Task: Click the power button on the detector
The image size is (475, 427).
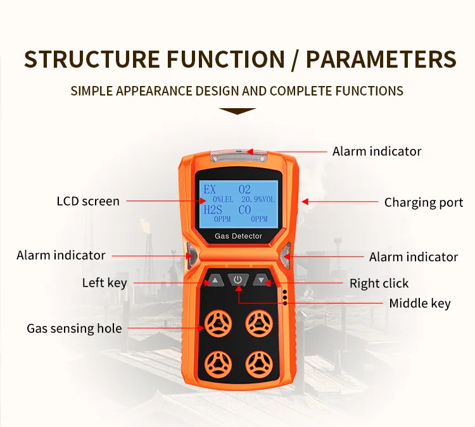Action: pyautogui.click(x=237, y=280)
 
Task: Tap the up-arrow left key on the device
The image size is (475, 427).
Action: pyautogui.click(x=215, y=280)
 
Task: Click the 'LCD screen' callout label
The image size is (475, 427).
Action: pyautogui.click(x=88, y=201)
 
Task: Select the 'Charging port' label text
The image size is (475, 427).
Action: pyautogui.click(x=424, y=202)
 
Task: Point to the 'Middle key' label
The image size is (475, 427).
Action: pyautogui.click(x=420, y=303)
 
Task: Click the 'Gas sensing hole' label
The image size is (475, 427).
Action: pyautogui.click(x=74, y=328)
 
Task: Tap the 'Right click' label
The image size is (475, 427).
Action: pyautogui.click(x=379, y=283)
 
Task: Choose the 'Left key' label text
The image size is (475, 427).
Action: pyautogui.click(x=104, y=283)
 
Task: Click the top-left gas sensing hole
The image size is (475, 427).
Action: pyautogui.click(x=218, y=323)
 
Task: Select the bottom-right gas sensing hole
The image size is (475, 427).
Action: pyautogui.click(x=259, y=364)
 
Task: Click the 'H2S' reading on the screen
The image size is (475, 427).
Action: pyautogui.click(x=213, y=210)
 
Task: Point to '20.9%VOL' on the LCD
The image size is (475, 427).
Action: pyautogui.click(x=258, y=199)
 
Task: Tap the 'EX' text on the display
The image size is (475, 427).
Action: pyautogui.click(x=210, y=190)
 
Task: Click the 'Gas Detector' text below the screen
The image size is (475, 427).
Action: pyautogui.click(x=238, y=236)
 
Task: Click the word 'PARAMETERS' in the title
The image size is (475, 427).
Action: pyautogui.click(x=381, y=59)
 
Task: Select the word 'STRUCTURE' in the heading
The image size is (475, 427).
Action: pyautogui.click(x=92, y=59)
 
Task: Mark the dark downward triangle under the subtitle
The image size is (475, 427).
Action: pyautogui.click(x=237, y=111)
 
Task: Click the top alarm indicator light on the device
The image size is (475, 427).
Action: pyautogui.click(x=238, y=155)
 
